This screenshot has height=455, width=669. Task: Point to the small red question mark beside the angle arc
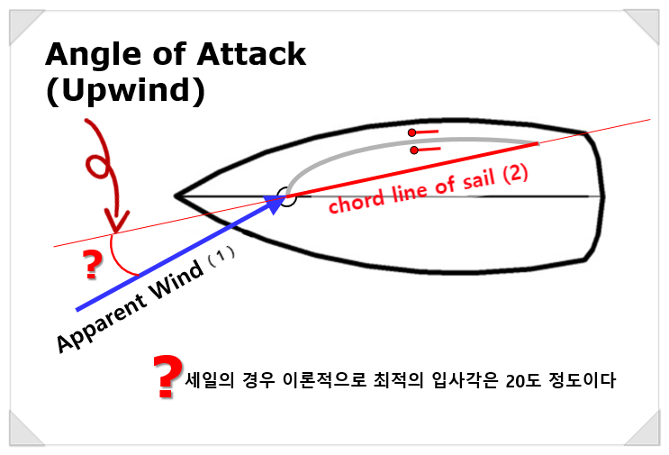pyautogui.click(x=91, y=264)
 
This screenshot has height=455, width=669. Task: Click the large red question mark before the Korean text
pyautogui.click(x=165, y=377)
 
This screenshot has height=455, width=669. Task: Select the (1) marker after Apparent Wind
pyautogui.click(x=221, y=255)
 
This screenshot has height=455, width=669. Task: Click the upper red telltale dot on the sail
pyautogui.click(x=411, y=133)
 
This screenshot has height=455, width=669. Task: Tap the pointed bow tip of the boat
pyautogui.click(x=176, y=196)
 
